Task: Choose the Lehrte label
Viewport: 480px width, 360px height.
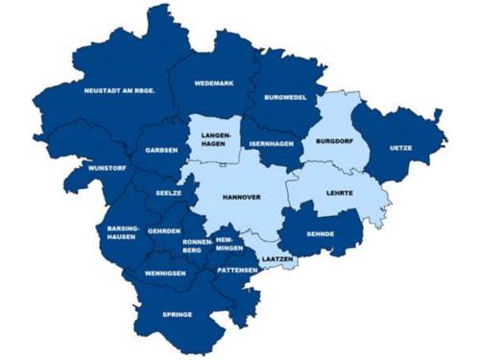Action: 339,193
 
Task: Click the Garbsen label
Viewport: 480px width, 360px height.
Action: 160,151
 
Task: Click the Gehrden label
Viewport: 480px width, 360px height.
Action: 164,231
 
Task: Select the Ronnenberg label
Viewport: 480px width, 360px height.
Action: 198,246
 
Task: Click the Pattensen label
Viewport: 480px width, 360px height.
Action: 236,271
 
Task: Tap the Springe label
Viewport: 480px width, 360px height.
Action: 177,314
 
